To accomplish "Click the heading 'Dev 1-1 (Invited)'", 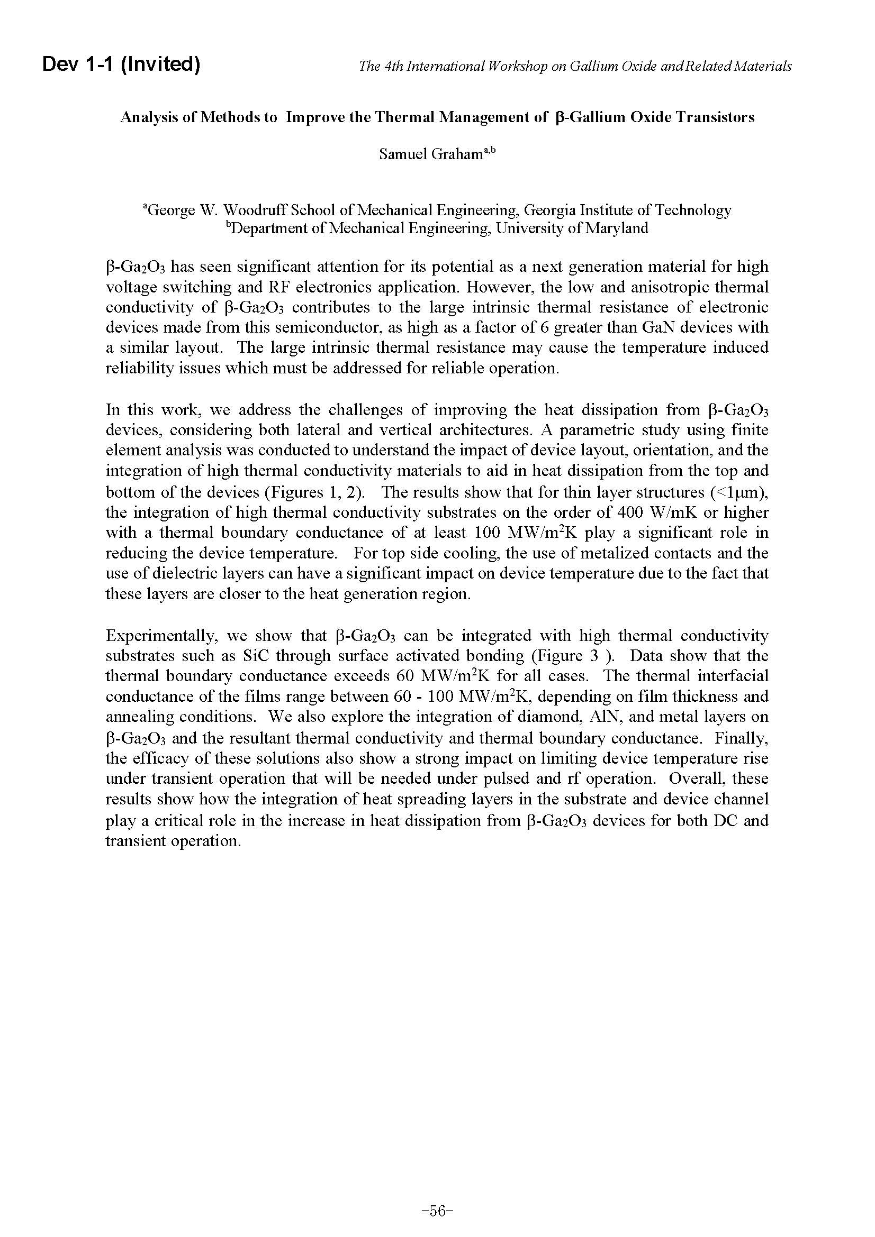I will [x=121, y=65].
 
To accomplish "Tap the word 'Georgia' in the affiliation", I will [x=548, y=209].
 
